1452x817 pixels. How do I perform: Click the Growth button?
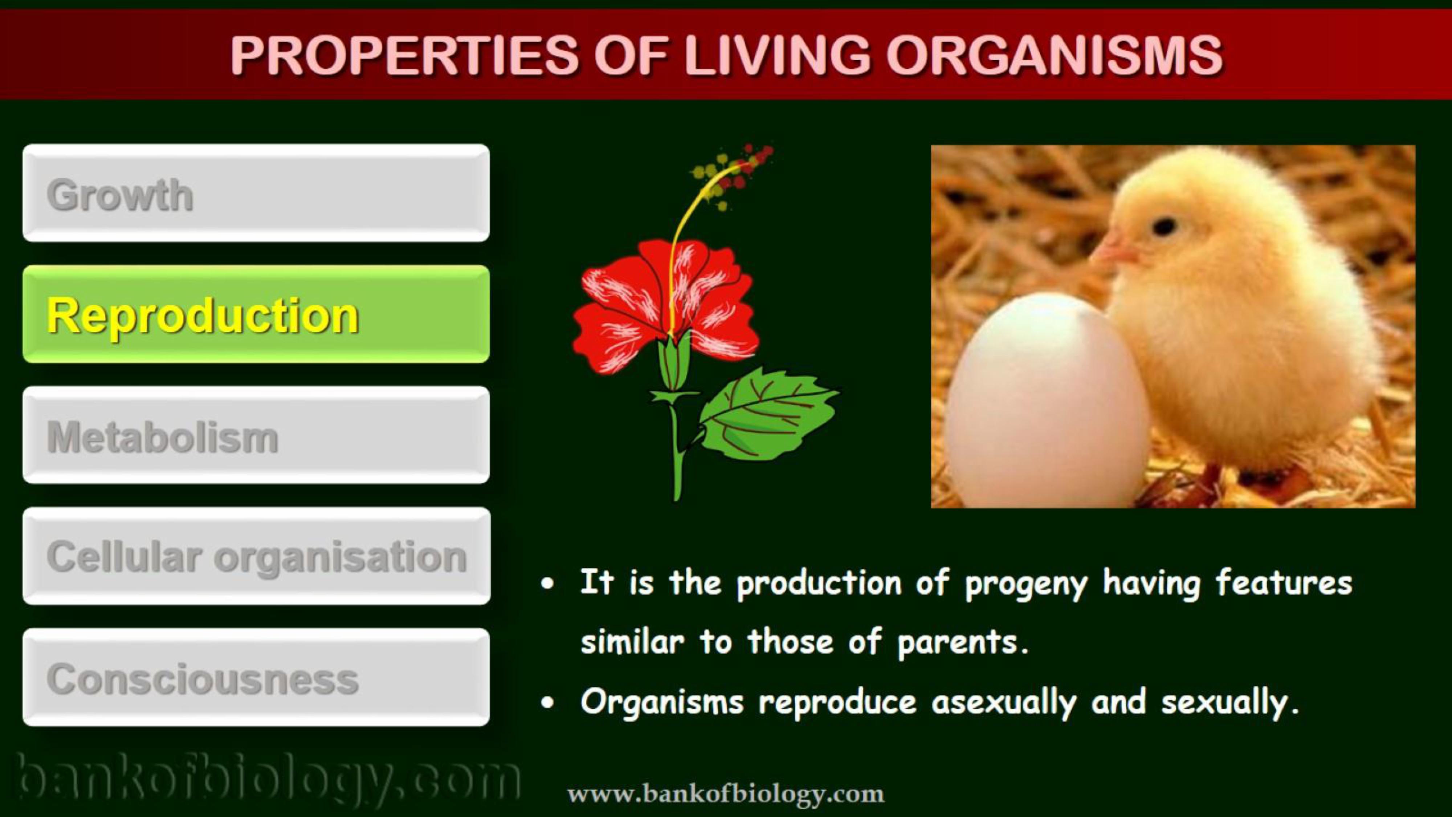tap(256, 193)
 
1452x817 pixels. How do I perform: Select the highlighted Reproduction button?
tap(256, 314)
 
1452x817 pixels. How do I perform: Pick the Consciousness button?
tap(256, 677)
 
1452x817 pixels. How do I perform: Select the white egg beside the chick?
tap(1047, 400)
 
